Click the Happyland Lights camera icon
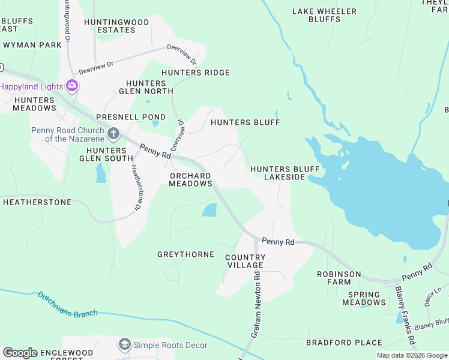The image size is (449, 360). (x=73, y=86)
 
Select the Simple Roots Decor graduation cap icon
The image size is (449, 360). (x=124, y=344)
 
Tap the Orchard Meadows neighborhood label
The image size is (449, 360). (x=190, y=179)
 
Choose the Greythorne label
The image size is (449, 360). (x=185, y=254)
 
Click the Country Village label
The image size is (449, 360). (x=244, y=261)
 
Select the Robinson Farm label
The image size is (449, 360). (x=339, y=278)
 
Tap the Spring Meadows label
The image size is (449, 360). (x=364, y=298)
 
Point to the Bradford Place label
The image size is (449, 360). (x=344, y=343)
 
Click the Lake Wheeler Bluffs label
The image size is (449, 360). (x=324, y=15)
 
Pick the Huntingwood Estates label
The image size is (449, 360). (x=117, y=26)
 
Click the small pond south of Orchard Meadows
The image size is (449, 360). (x=209, y=210)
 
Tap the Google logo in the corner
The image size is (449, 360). (x=19, y=353)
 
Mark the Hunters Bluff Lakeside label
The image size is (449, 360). (x=285, y=173)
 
